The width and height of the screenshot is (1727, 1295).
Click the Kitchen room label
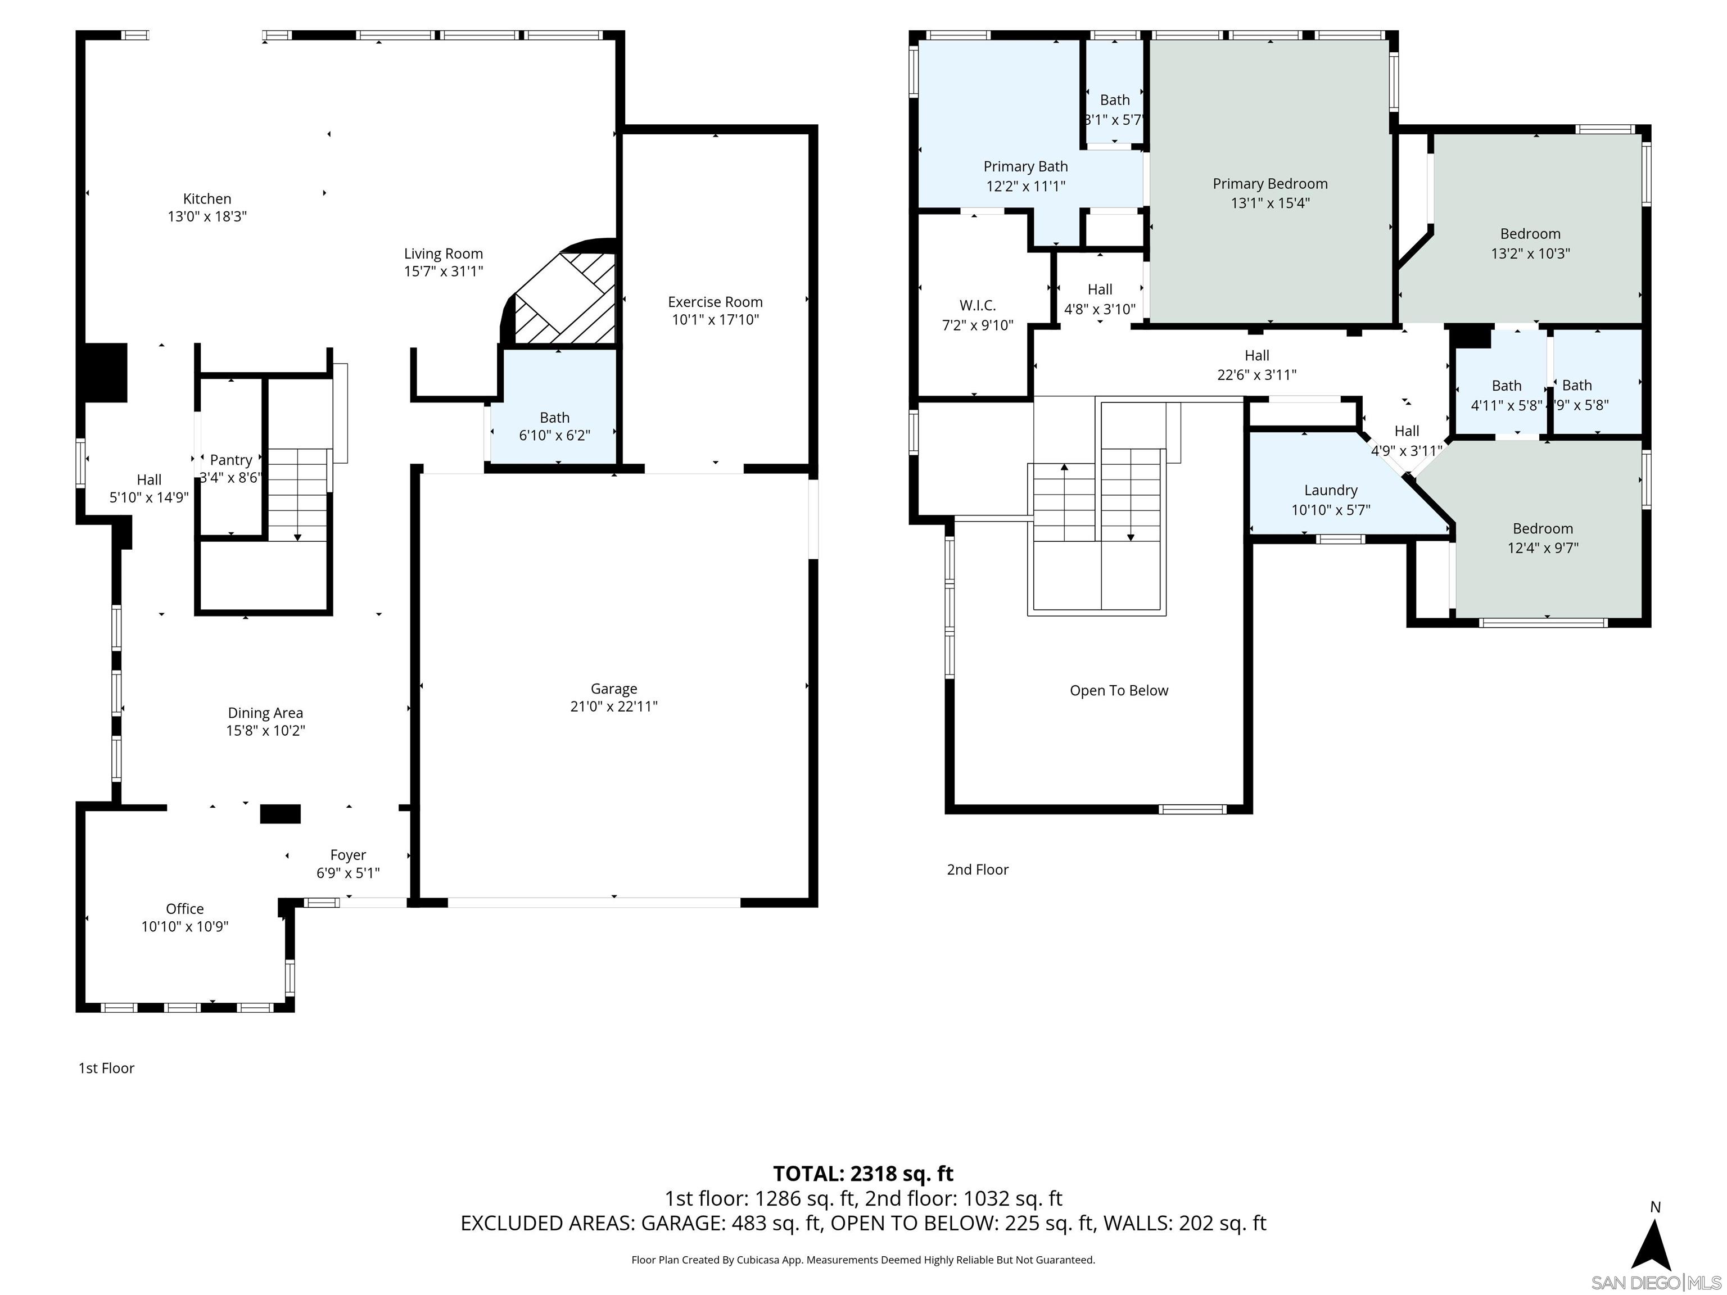click(x=207, y=199)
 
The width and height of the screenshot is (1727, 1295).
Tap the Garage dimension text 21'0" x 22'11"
click(x=614, y=707)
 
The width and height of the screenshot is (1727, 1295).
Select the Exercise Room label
click(x=715, y=302)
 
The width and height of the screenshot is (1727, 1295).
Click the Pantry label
click(x=231, y=460)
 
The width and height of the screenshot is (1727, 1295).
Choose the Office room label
click(x=185, y=909)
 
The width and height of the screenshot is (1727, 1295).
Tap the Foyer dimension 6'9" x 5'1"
click(x=348, y=873)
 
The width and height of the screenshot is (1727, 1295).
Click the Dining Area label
click(x=265, y=713)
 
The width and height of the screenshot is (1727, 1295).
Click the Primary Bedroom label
click(x=1269, y=183)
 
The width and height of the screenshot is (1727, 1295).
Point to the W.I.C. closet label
click(x=978, y=305)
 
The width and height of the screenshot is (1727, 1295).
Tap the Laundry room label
click(x=1330, y=490)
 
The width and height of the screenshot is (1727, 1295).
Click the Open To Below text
click(x=1119, y=690)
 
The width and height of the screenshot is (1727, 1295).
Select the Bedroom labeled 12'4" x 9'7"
click(x=1542, y=528)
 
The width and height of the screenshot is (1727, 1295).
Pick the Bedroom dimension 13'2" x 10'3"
click(x=1530, y=253)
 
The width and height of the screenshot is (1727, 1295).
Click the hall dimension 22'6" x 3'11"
click(x=1256, y=375)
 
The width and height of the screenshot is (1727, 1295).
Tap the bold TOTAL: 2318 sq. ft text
click(x=863, y=1173)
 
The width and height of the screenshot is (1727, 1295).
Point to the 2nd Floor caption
click(x=978, y=870)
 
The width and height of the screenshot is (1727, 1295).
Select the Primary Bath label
click(x=1025, y=166)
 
